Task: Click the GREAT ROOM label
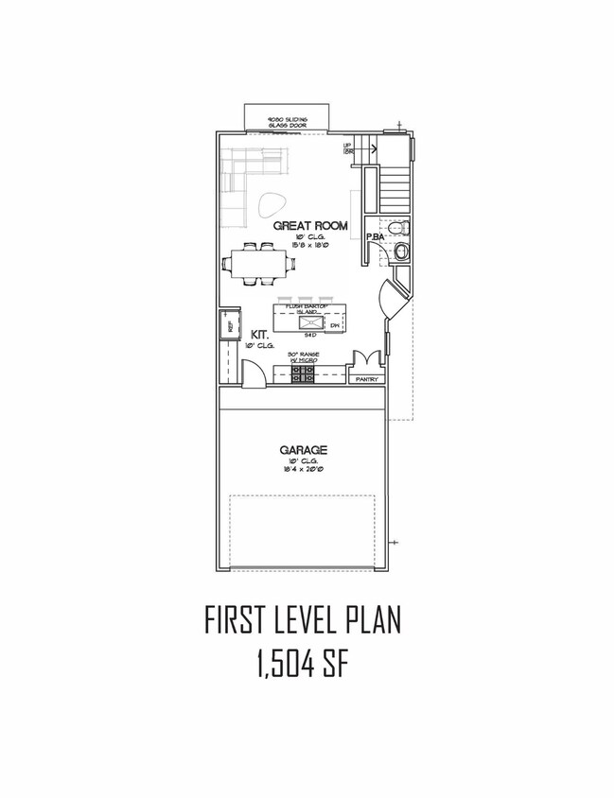tap(310, 226)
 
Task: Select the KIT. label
tap(259, 335)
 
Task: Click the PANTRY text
tap(366, 380)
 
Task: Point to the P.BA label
tap(375, 237)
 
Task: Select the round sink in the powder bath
tap(401, 251)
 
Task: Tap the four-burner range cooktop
tap(303, 375)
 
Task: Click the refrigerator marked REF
tap(228, 326)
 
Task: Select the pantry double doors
tap(364, 362)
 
